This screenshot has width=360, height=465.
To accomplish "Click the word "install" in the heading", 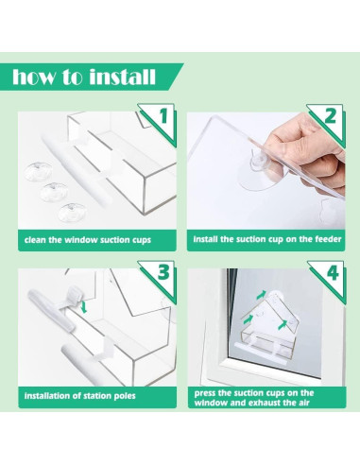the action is (122, 77).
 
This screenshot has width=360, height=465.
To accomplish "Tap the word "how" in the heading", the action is (33, 77).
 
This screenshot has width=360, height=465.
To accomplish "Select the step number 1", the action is (163, 116).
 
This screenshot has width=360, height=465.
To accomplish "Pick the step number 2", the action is (331, 115).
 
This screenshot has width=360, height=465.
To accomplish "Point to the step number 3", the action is (163, 272).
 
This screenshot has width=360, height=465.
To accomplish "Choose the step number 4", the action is (333, 273).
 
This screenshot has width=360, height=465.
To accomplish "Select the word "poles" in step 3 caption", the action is (125, 396).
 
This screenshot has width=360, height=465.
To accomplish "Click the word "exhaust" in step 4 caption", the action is (265, 403).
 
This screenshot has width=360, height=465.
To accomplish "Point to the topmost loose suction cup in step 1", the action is (38, 171).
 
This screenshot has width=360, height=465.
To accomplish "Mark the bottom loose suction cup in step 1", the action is (72, 212).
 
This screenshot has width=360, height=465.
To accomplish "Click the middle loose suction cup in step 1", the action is (54, 192).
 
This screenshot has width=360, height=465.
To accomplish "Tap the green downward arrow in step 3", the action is (84, 307).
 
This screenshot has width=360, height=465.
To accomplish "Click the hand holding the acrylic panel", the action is (309, 153).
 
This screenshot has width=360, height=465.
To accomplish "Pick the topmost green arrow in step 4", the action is (262, 295).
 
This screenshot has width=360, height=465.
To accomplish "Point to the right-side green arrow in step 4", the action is (283, 324).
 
